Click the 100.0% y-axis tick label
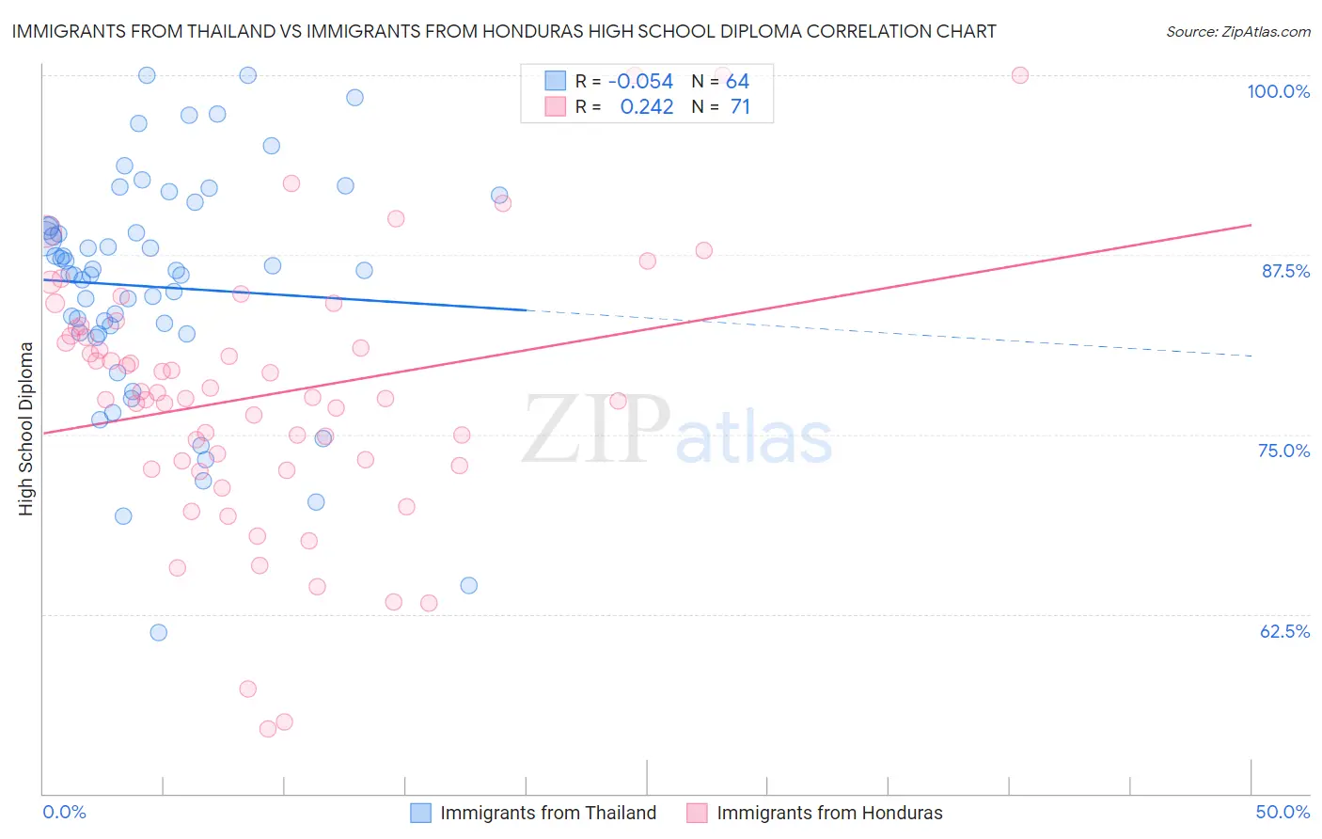tap(1278, 91)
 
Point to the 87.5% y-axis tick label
tap(1285, 271)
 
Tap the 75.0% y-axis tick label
tap(1283, 451)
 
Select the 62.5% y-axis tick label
tap(1284, 631)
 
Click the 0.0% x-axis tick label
tap(64, 812)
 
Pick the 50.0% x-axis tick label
tap(1283, 812)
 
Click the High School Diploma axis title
tap(25, 428)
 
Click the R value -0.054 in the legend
tap(640, 82)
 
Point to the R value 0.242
tap(647, 107)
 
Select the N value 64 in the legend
tap(737, 82)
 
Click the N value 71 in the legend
tap(740, 107)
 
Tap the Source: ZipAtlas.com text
tap(1237, 32)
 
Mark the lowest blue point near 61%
tap(159, 633)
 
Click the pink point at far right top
tap(1020, 75)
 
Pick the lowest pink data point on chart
tap(268, 729)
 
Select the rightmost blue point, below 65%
tap(469, 586)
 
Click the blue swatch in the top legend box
tap(555, 82)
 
